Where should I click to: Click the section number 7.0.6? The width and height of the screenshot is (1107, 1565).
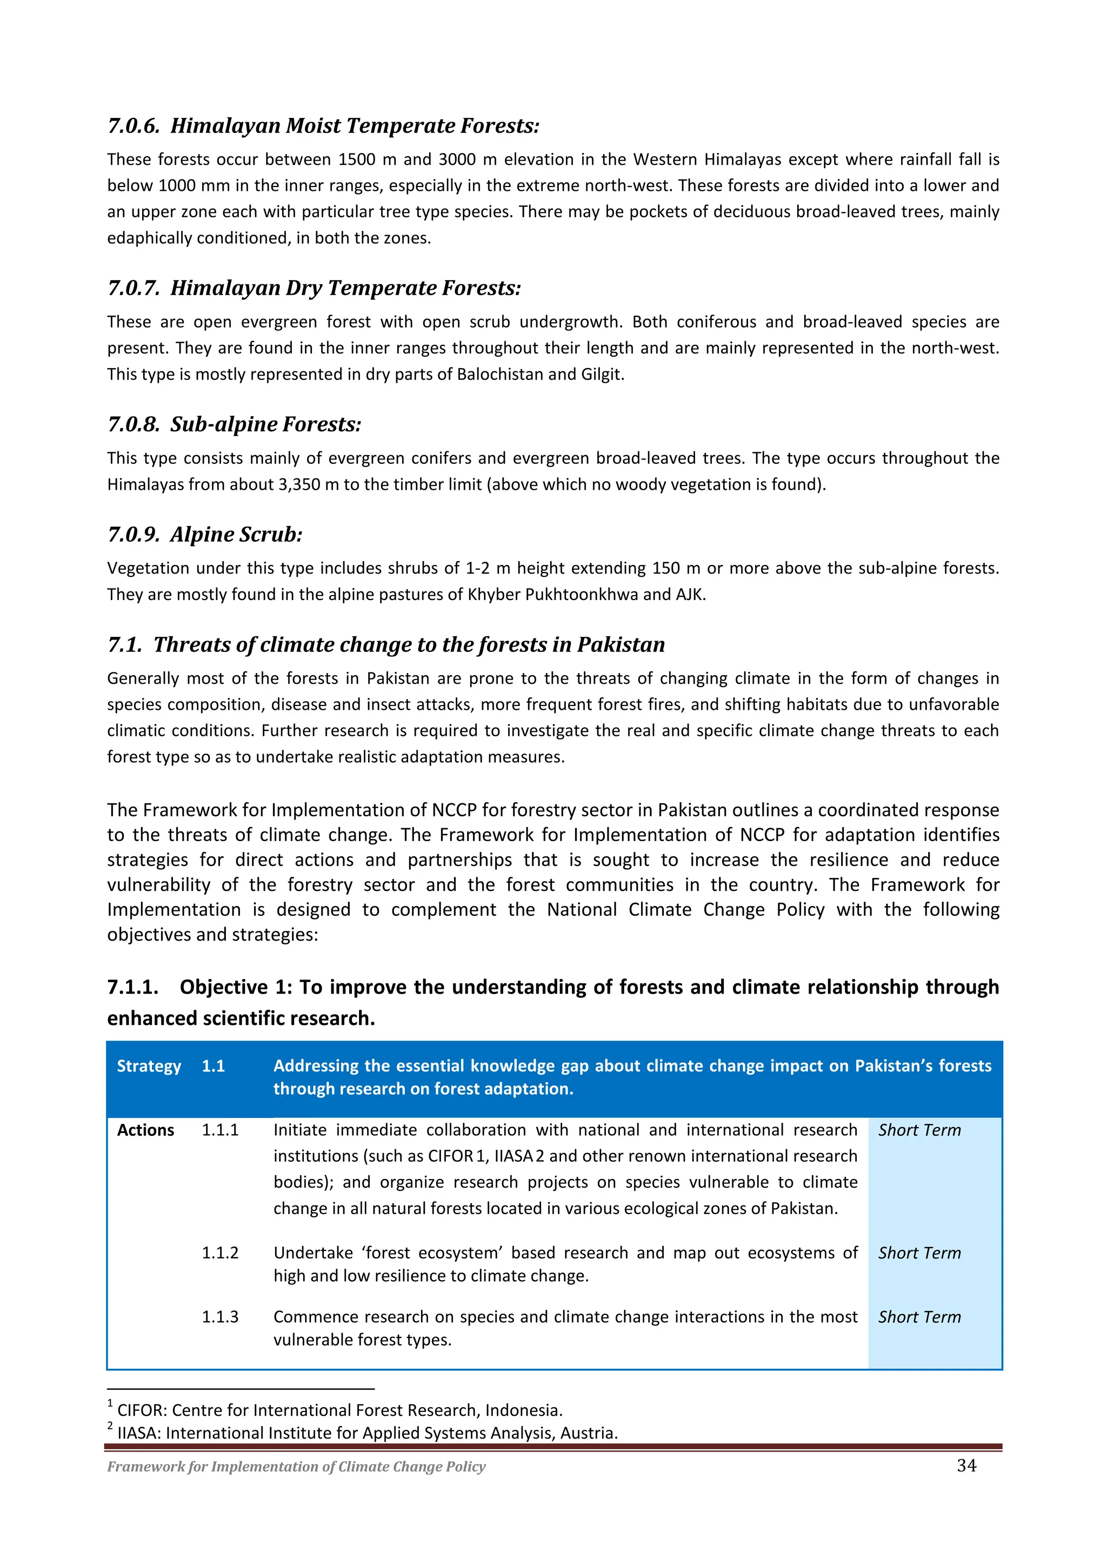point(134,126)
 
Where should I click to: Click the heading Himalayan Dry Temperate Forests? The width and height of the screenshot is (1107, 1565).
point(345,288)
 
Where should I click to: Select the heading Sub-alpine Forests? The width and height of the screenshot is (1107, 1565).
point(265,425)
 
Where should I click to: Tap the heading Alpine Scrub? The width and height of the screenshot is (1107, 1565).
point(236,535)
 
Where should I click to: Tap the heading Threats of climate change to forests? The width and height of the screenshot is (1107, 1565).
point(409,645)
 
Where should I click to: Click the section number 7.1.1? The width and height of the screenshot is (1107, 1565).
point(133,987)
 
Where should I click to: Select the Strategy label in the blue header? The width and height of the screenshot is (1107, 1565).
point(149,1066)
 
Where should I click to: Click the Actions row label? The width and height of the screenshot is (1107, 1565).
point(145,1130)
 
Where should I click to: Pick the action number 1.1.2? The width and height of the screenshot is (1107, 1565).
point(219,1253)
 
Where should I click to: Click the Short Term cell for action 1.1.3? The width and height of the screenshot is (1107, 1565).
point(919,1317)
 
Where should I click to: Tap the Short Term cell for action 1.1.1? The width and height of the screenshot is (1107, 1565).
point(919,1130)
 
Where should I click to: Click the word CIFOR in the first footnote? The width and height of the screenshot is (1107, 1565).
point(141,1410)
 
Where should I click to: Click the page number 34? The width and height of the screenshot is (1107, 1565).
point(966,1466)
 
